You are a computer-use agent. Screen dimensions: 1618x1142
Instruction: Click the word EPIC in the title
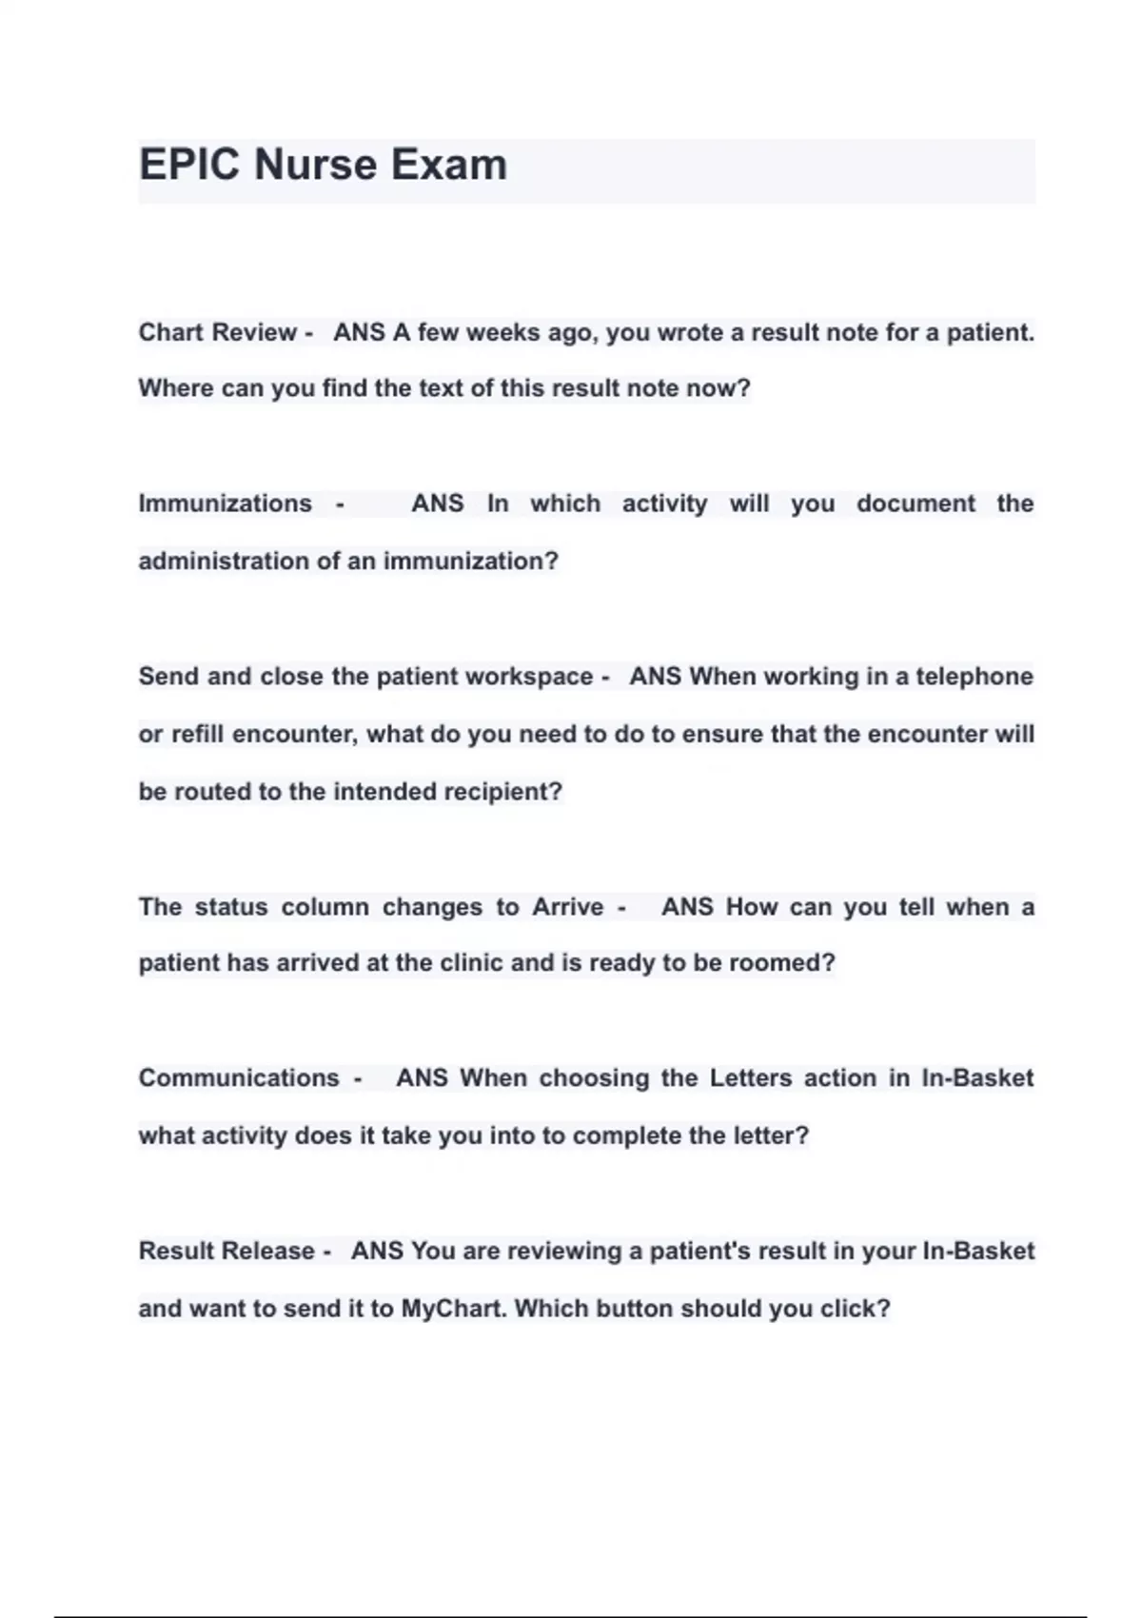pyautogui.click(x=189, y=165)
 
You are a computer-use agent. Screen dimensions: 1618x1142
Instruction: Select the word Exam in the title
pyautogui.click(x=448, y=165)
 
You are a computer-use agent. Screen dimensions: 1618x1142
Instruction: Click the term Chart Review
pyautogui.click(x=217, y=332)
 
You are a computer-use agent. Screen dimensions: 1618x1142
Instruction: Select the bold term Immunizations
pyautogui.click(x=225, y=503)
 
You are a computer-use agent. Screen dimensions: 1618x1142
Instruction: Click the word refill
pyautogui.click(x=198, y=735)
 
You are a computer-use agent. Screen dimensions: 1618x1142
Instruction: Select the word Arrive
pyautogui.click(x=567, y=907)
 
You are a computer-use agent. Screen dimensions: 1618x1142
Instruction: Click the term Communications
pyautogui.click(x=239, y=1078)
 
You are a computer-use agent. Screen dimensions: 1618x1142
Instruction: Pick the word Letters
pyautogui.click(x=751, y=1078)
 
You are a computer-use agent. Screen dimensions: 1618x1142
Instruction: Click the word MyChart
pyautogui.click(x=453, y=1309)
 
